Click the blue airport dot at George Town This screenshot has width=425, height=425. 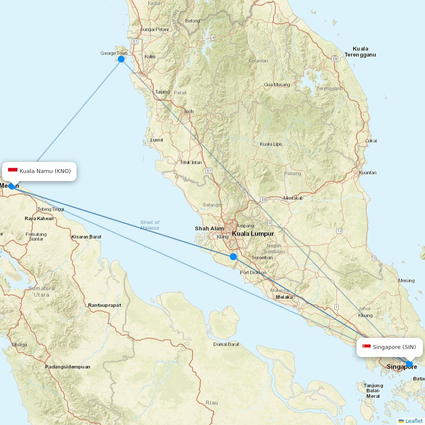[x=121, y=59]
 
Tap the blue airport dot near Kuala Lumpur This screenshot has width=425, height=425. [x=233, y=257]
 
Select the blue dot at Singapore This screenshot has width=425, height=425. [x=409, y=364]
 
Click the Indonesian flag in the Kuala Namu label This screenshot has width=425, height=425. [x=13, y=170]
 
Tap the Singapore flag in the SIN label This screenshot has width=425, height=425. [x=366, y=347]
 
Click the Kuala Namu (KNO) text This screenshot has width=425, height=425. [x=45, y=171]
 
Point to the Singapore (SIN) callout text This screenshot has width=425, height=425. [x=394, y=347]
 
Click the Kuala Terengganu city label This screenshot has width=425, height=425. [x=360, y=51]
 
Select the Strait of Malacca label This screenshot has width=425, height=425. [x=150, y=225]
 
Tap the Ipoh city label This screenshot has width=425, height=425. [x=189, y=112]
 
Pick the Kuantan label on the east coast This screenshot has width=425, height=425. [x=368, y=173]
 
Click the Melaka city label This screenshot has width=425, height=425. [x=284, y=297]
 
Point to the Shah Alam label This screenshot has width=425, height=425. [x=210, y=229]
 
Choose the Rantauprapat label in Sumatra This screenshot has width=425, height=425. [x=105, y=305]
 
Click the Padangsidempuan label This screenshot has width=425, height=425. [x=68, y=367]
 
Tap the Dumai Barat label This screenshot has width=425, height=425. [x=226, y=344]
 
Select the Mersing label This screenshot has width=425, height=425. [x=406, y=280]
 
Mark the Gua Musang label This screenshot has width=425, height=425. [x=277, y=85]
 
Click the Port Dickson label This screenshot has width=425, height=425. [x=253, y=272]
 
